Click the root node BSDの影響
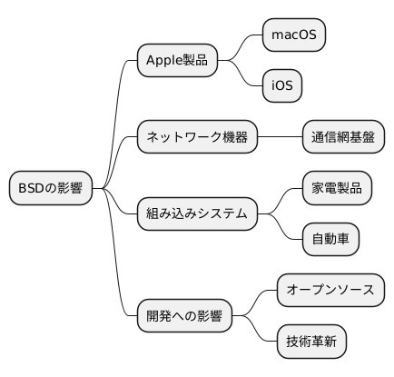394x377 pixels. (51, 188)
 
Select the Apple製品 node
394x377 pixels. (177, 61)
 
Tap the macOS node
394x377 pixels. (293, 35)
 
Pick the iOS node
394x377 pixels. (281, 86)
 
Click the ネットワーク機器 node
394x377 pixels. (197, 137)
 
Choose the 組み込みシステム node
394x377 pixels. (197, 213)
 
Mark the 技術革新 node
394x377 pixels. (310, 342)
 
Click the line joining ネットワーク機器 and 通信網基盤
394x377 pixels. (279, 137)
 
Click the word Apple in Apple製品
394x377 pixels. (163, 61)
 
